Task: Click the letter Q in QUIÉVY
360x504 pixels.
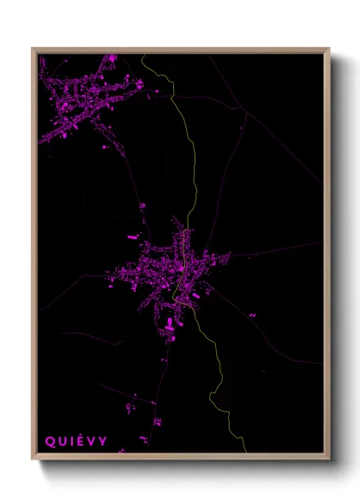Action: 51,441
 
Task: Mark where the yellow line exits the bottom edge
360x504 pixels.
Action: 244,452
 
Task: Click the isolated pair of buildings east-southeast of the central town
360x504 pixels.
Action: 253,315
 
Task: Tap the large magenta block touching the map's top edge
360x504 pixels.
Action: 111,58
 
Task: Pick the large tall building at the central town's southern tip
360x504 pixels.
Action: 169,323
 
